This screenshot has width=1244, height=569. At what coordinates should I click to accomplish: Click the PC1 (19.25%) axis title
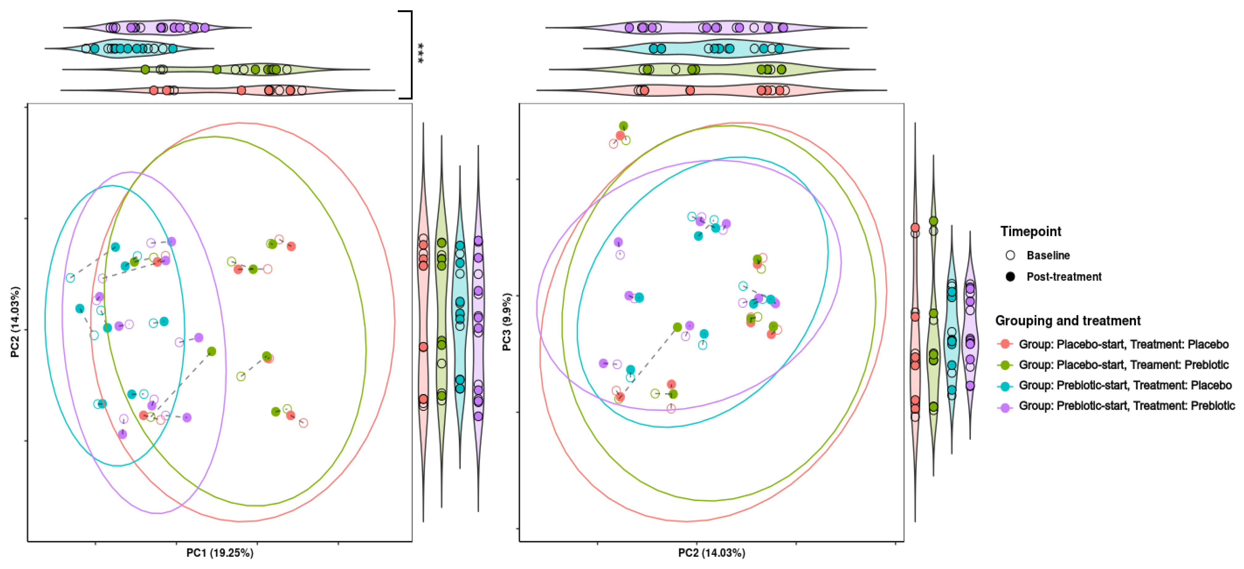point(220,553)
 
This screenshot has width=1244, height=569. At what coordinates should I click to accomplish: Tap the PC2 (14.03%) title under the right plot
point(711,553)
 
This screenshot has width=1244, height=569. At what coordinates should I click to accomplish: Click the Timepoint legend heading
point(1030,232)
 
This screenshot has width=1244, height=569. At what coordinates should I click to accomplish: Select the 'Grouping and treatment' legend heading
point(1068,321)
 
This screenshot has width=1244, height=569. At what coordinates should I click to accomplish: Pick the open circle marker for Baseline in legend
point(1010,255)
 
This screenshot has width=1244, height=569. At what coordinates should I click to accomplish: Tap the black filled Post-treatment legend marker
point(1010,276)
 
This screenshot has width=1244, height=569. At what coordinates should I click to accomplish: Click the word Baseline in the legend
point(1048,255)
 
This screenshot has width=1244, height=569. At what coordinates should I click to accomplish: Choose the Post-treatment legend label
point(1064,276)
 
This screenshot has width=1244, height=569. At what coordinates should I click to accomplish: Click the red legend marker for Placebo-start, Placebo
point(1005,344)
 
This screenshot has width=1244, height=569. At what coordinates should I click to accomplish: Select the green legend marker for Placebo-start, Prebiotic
point(1005,365)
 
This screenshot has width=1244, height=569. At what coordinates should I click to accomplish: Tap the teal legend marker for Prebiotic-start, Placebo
point(1005,385)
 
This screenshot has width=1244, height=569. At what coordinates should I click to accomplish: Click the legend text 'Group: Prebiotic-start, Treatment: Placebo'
point(1125,385)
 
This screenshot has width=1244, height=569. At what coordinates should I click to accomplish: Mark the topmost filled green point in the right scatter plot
point(623,126)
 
